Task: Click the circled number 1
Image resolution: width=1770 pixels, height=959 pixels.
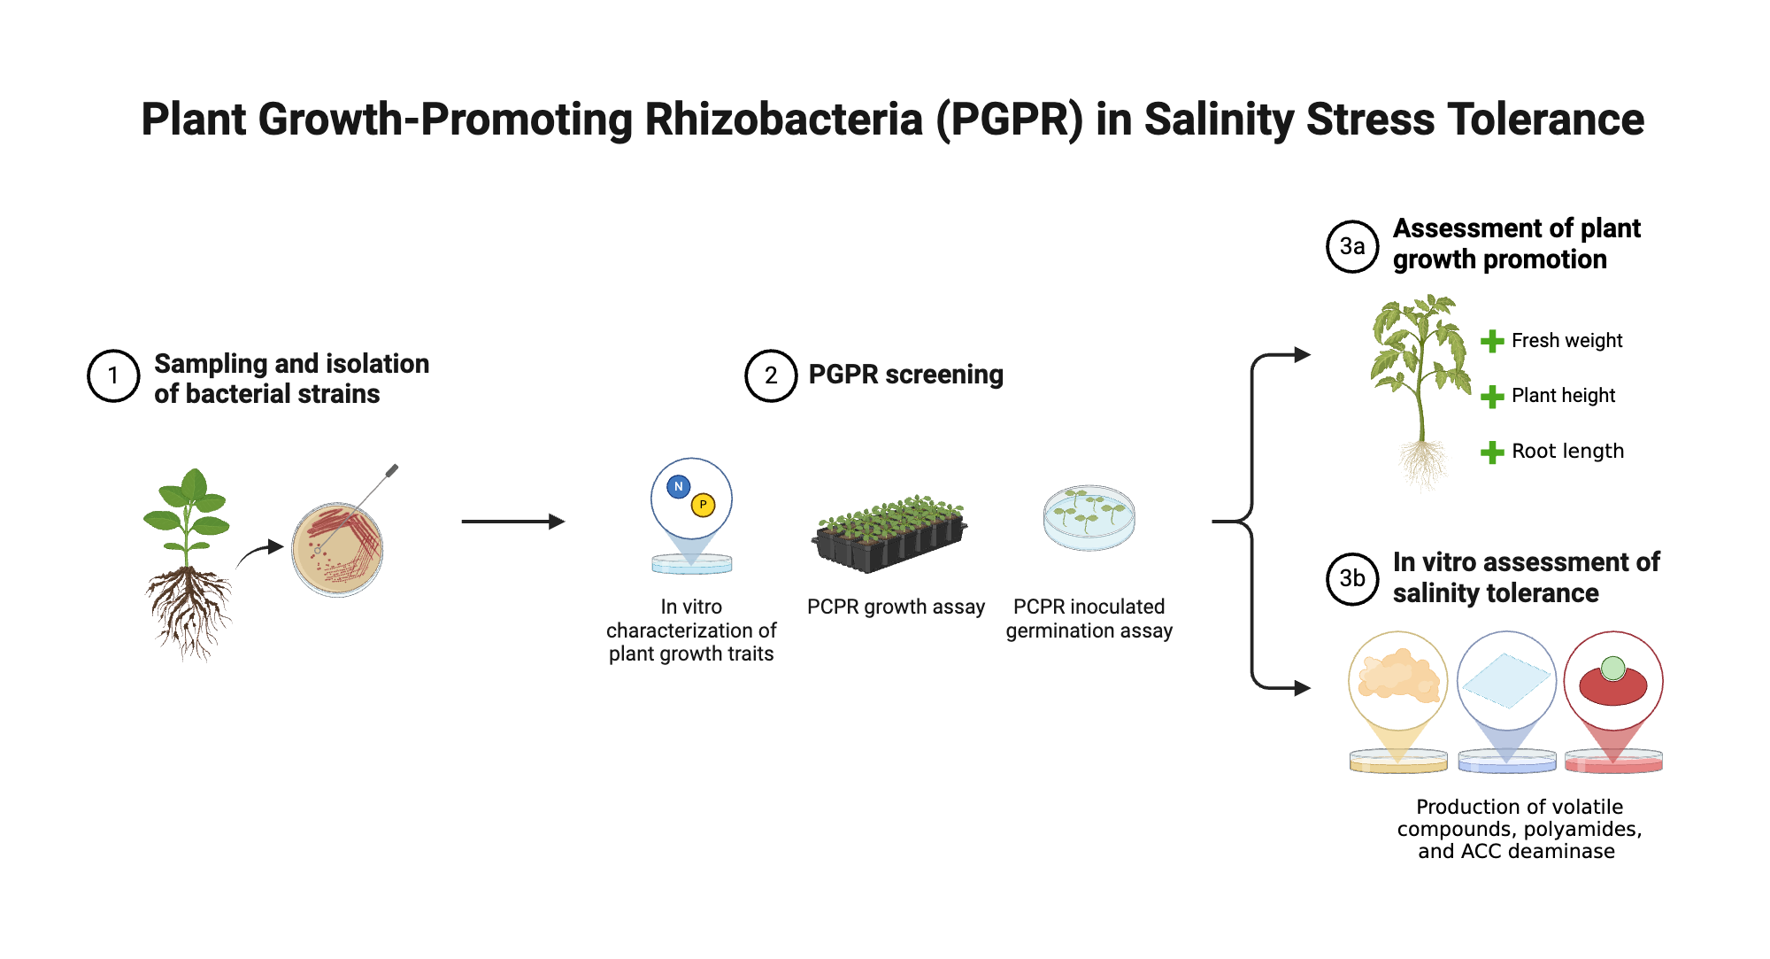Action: tap(113, 376)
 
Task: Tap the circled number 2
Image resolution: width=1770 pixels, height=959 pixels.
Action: tap(771, 375)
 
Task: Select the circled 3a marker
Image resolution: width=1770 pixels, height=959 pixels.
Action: tap(1351, 246)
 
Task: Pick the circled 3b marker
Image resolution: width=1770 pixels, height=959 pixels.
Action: tap(1351, 578)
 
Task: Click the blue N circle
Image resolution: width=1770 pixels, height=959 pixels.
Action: tap(678, 486)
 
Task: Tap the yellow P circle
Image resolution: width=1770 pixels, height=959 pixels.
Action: tap(703, 505)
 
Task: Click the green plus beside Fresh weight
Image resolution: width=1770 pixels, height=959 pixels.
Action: tap(1492, 341)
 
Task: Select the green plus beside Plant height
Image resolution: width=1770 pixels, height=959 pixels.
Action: tap(1492, 396)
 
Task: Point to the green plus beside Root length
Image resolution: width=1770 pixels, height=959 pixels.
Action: tap(1492, 452)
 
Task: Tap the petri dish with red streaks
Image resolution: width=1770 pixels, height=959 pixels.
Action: tap(337, 550)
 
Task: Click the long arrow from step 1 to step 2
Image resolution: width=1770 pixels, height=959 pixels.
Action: tap(512, 522)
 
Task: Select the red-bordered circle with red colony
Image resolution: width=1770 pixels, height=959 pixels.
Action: tap(1612, 680)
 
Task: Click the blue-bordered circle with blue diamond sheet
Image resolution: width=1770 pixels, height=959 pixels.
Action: tap(1506, 680)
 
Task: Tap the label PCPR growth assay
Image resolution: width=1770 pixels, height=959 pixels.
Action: tap(896, 607)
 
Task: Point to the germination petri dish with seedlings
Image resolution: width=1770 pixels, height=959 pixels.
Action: tap(1089, 517)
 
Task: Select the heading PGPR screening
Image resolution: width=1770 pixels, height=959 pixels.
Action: tap(905, 375)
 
